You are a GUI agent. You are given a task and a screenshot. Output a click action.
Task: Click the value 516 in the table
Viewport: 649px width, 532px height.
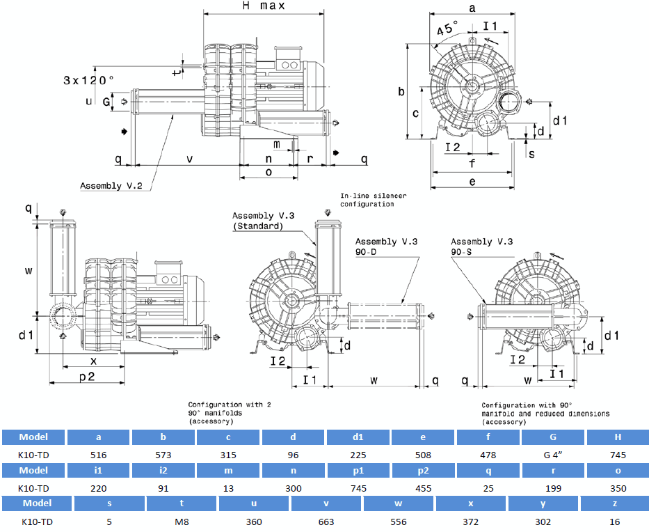pos(98,455)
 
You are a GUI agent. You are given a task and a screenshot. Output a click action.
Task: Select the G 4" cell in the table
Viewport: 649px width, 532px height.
pos(553,455)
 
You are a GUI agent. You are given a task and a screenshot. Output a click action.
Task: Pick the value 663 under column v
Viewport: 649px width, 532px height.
pos(326,521)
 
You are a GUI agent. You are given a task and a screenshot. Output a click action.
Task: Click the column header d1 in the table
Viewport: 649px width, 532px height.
pos(358,437)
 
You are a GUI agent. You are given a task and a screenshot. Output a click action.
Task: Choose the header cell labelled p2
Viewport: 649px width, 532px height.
pos(423,470)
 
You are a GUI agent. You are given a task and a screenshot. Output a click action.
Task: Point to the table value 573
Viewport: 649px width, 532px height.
pos(163,455)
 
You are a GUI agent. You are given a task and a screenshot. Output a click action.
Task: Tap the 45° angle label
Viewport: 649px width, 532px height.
pos(447,31)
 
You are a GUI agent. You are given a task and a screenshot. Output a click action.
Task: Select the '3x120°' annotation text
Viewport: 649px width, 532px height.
pos(88,80)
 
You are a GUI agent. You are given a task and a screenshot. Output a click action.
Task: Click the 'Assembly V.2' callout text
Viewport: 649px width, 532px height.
pos(111,186)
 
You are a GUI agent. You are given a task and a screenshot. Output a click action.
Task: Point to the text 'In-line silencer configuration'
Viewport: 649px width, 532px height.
pos(373,200)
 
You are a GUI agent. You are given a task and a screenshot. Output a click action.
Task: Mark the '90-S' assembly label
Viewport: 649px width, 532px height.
pos(463,251)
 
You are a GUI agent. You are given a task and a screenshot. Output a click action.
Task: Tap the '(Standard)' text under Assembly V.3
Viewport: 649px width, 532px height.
pos(258,226)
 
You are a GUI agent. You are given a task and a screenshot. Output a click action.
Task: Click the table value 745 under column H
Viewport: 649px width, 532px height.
pos(618,455)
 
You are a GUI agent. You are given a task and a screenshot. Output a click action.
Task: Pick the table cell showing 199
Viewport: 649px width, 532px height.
pos(553,488)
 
